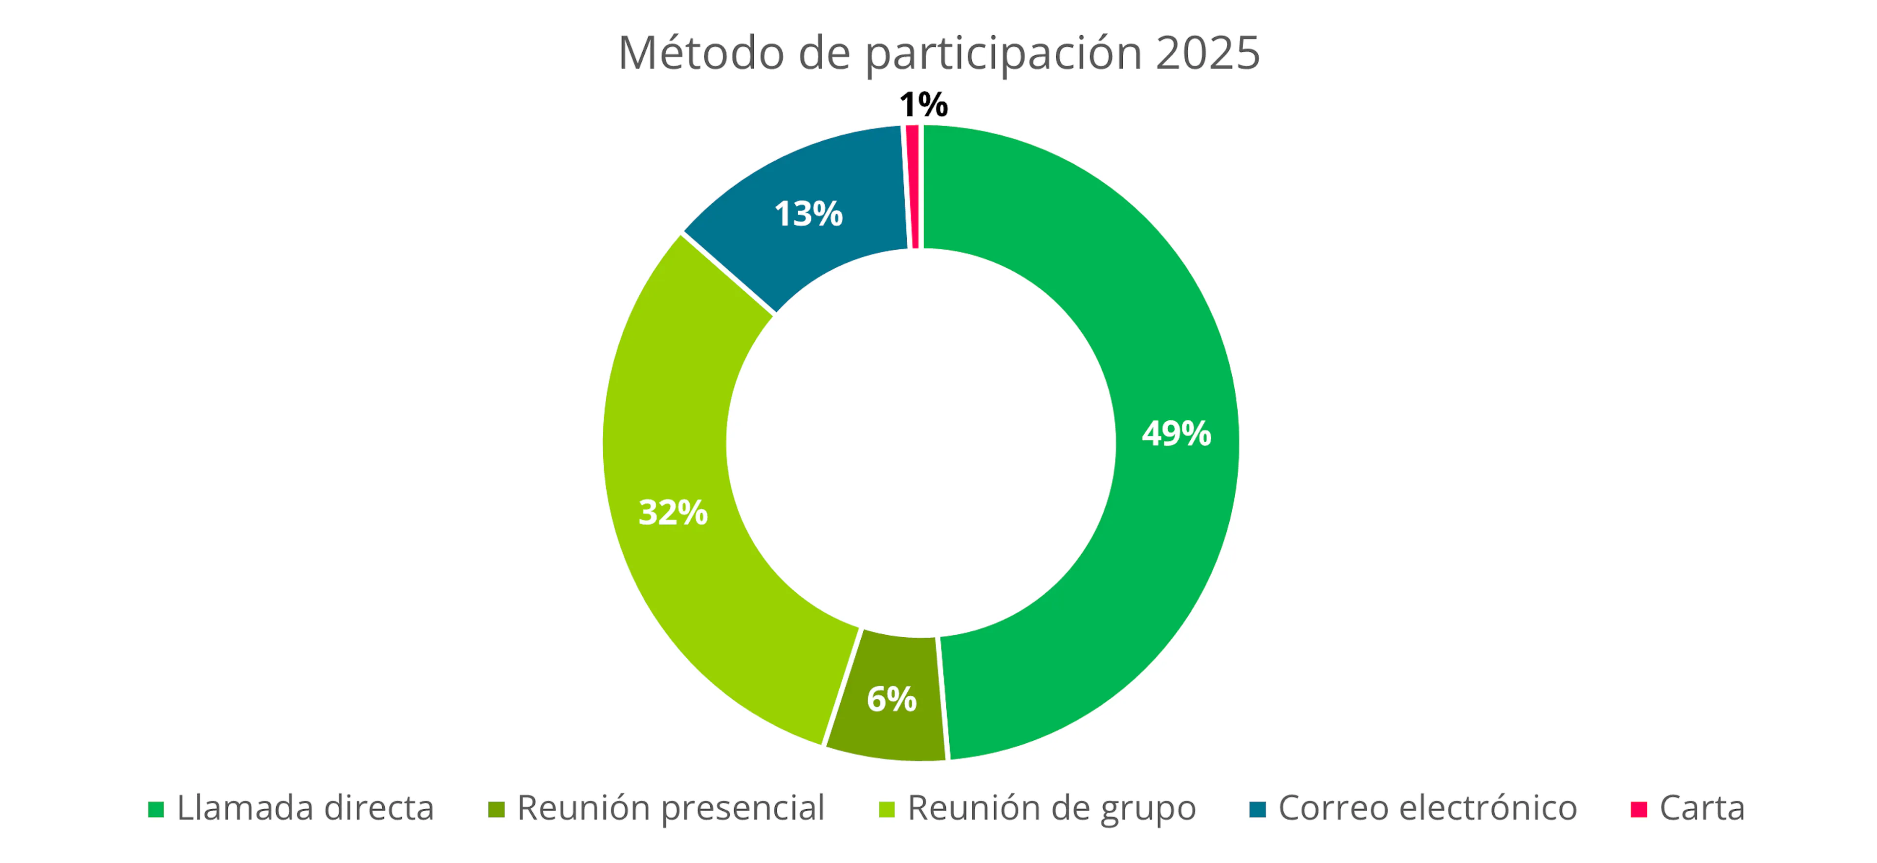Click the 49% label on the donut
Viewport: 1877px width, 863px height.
coord(1176,433)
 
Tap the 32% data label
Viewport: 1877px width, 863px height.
coord(673,512)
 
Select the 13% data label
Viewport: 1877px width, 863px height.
coord(808,214)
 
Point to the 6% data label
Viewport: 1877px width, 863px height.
coord(891,699)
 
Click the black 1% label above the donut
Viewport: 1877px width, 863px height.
coord(923,105)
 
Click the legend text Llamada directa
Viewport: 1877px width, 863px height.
coord(306,808)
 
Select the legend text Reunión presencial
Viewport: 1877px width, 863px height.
coord(670,808)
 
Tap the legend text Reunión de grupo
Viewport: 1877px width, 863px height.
coord(1051,808)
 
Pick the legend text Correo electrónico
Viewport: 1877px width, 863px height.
coord(1427,808)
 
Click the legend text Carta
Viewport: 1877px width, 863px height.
coord(1702,808)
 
